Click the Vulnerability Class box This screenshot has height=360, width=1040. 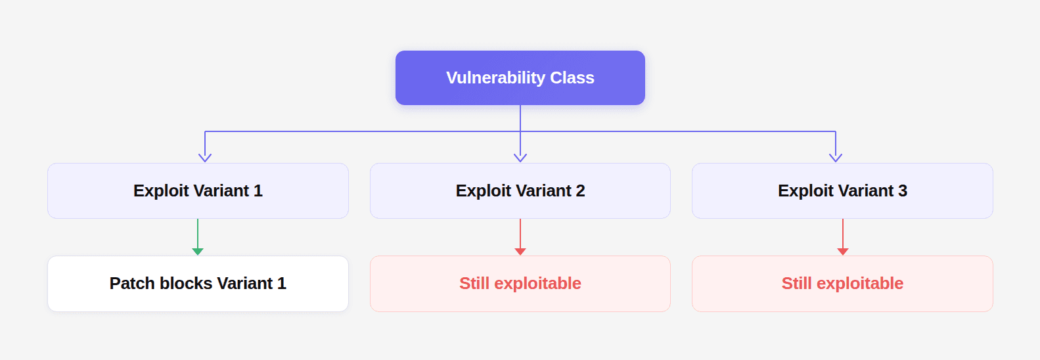coord(520,78)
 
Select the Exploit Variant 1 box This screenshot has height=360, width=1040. coord(198,191)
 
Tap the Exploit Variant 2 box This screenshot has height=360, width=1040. coord(520,191)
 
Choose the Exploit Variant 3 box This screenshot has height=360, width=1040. coord(842,191)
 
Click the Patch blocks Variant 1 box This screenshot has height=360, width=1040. coord(198,283)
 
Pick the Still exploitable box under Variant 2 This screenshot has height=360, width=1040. coord(520,283)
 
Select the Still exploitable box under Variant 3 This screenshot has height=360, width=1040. coord(842,283)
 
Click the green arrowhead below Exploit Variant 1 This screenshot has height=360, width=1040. coord(198,252)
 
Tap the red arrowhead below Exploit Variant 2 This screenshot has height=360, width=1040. coord(520,252)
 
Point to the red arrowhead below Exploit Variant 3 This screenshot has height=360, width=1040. coord(843,252)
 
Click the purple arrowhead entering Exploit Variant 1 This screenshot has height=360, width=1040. coord(205,158)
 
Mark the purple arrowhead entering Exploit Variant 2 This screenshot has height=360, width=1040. coord(520,158)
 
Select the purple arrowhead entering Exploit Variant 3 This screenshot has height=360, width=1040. coord(836,158)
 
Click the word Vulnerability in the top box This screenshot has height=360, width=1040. coord(495,78)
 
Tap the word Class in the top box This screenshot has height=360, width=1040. coord(572,78)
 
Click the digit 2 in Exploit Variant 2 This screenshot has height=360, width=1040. coord(580,191)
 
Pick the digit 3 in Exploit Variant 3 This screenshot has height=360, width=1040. coord(903,191)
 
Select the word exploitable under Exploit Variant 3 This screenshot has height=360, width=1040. coord(859,283)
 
